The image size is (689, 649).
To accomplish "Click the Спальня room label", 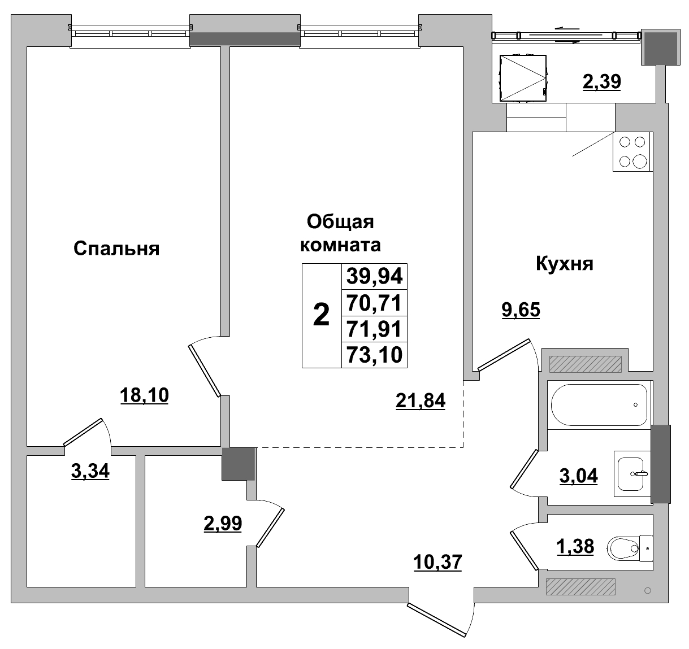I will tap(116, 249).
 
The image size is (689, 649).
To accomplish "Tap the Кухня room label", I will tap(564, 263).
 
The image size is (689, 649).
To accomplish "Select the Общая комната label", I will tap(340, 233).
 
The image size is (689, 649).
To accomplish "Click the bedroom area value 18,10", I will tap(144, 395).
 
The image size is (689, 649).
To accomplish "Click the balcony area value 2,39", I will tap(602, 82).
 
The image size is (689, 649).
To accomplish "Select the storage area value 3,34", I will tap(90, 471).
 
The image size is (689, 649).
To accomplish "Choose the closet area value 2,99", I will tap(223, 523).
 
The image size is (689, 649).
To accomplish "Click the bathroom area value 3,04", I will tap(578, 476).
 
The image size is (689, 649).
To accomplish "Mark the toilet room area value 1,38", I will tap(575, 546).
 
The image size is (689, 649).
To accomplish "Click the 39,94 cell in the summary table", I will tap(374, 276).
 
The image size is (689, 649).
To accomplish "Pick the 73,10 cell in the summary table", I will tap(374, 355).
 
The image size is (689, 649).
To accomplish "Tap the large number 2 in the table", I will tap(321, 315).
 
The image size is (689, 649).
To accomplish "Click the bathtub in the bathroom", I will tap(599, 405).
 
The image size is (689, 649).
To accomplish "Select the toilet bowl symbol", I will tap(627, 547).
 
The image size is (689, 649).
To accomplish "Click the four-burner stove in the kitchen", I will tap(632, 152).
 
